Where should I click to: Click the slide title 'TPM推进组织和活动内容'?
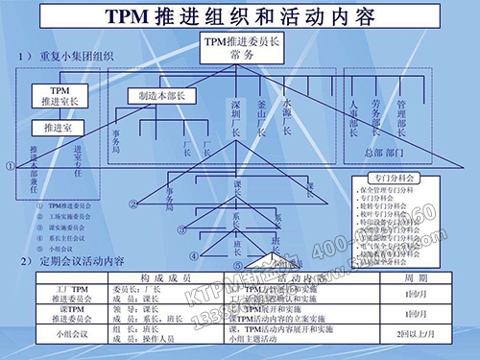pos(240,18)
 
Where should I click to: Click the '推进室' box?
pos(52,127)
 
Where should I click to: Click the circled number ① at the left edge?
pos(10,165)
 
